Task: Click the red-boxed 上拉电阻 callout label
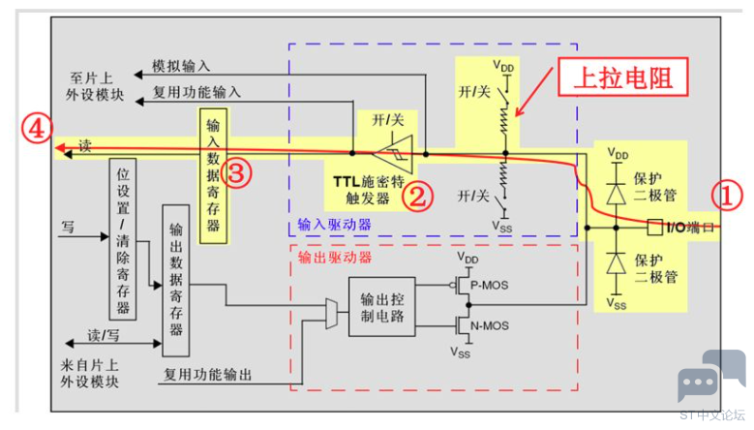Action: (622, 77)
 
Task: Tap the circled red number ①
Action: (727, 196)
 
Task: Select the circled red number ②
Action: (417, 197)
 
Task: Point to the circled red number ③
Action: (236, 172)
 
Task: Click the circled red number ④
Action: (37, 129)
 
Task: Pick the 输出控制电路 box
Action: (381, 307)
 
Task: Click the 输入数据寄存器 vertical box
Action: (214, 175)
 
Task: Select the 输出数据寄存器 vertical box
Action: (176, 281)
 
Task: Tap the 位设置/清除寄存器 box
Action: (123, 239)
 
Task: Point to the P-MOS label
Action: (489, 286)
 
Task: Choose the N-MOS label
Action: (489, 326)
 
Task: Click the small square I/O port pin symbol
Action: (655, 227)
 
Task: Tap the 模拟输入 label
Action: (181, 66)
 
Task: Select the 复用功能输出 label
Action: (207, 375)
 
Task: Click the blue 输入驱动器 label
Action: (335, 225)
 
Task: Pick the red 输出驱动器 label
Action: (335, 258)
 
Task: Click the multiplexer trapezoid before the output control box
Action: (331, 314)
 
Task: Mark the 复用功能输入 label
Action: (196, 92)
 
